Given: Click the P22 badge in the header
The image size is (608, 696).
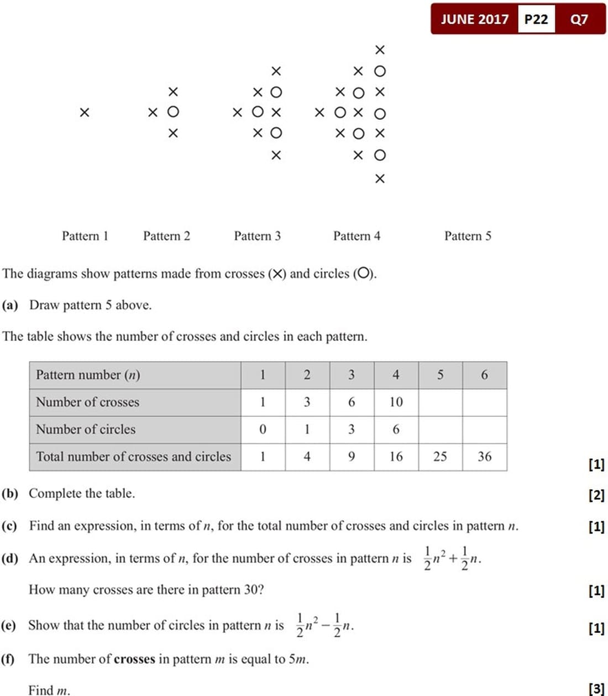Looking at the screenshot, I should point(536,19).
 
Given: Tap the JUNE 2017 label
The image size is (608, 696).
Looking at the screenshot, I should point(474,19).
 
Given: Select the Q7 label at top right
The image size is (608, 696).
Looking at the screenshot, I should point(579,19).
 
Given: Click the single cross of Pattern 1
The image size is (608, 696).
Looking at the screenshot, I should point(84,113).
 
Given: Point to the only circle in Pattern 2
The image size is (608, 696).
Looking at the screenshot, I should point(173,112).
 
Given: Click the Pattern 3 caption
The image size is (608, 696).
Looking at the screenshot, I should point(257,236).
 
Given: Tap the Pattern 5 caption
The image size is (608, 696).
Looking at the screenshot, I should point(468,236).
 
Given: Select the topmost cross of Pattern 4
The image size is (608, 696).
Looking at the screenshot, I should point(380,50).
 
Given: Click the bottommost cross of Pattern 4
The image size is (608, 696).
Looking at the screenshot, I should point(380,179).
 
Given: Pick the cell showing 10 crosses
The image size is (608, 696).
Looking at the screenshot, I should point(396,402).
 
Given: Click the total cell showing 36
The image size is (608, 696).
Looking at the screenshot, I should point(484,457).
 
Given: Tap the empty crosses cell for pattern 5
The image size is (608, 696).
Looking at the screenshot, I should point(440,402).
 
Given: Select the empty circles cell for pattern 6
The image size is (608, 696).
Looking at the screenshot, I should point(484,430).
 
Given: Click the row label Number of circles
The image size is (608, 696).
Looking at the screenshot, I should point(86,430).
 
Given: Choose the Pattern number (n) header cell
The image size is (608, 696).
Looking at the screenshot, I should point(88,375).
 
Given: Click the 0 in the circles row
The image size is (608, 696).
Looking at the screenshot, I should point(263,430).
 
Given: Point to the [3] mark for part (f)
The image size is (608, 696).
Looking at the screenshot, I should point(596,689).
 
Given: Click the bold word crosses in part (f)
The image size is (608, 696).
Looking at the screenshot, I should point(134,659).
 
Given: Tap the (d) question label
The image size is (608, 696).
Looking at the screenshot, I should point(10,558).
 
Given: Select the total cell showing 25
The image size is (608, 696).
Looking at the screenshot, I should point(440,457).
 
